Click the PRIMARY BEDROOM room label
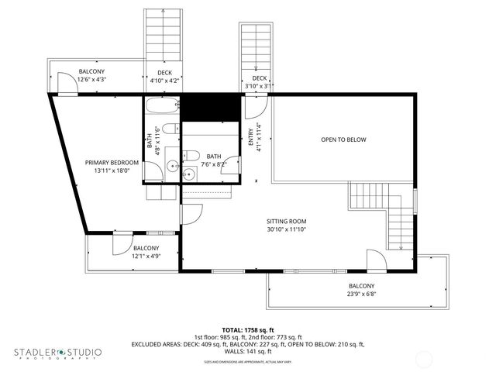112,162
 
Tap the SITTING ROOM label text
287,221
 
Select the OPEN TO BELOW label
343,139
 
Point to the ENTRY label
250,136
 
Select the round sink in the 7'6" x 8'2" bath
188,174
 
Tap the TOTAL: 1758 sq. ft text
248,329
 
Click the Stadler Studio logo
57,353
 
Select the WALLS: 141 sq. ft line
248,351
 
